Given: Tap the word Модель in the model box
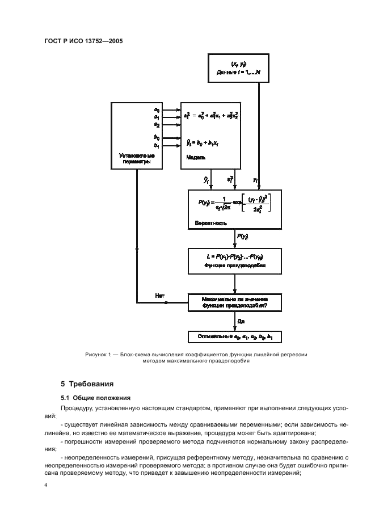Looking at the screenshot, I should (195, 157).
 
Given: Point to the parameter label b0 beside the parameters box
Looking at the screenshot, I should (157, 137).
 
